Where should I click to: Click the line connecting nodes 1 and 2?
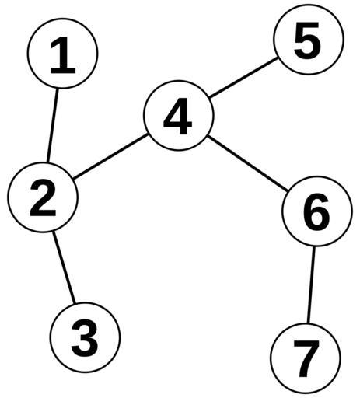click(52, 125)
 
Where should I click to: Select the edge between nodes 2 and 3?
click(64, 267)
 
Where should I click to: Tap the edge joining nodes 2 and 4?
click(110, 156)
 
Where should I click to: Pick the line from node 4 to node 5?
click(243, 78)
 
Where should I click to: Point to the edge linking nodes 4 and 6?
click(248, 163)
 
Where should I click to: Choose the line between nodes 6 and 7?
click(311, 285)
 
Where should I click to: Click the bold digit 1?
click(63, 55)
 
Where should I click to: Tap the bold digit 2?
click(43, 198)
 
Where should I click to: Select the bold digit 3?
click(85, 338)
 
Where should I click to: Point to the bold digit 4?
click(178, 117)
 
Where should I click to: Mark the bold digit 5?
click(308, 40)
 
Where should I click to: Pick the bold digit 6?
click(316, 212)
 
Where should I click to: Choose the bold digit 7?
click(306, 359)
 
